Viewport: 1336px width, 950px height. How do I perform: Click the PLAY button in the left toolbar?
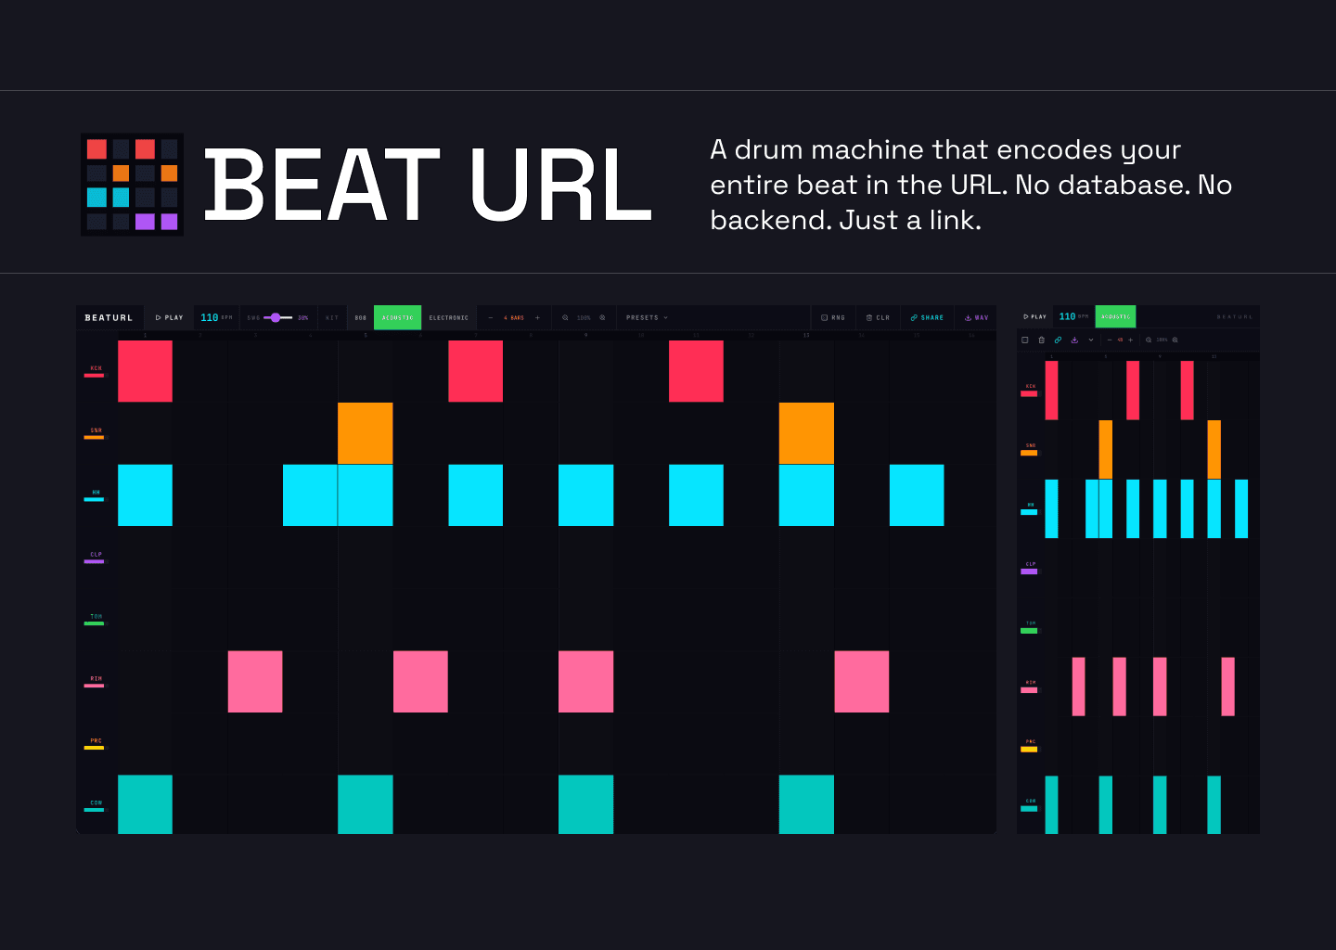170,317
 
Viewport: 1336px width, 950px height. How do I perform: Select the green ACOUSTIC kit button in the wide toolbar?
397,317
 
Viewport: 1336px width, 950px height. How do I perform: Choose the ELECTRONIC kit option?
449,317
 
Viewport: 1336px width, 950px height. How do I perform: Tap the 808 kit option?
361,317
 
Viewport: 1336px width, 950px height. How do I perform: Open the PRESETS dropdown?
647,317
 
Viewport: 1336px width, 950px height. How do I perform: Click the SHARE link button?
927,317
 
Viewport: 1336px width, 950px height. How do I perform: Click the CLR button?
878,317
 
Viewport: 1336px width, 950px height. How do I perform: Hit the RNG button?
833,317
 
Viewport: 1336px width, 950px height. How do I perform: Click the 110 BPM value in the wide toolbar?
210,317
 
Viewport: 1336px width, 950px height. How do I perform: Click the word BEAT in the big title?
321,186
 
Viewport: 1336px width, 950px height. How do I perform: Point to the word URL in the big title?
560,186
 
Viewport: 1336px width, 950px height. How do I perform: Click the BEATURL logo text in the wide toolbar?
109,317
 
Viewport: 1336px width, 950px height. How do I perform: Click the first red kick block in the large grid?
145,371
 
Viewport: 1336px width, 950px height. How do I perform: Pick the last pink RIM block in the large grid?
861,682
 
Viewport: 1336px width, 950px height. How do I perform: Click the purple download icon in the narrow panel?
1074,340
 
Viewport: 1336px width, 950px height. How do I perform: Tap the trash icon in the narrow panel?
1041,340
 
